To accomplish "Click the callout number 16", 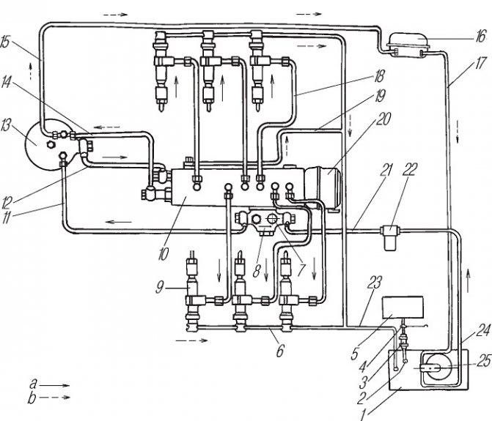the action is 480,36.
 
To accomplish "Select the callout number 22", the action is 409,169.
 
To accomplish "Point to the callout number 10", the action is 164,254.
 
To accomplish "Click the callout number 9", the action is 160,287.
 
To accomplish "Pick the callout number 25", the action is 483,361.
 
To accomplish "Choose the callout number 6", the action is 280,351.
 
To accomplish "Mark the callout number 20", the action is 383,119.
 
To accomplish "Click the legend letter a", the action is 33,384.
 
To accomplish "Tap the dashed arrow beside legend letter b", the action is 54,397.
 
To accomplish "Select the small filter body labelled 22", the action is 389,238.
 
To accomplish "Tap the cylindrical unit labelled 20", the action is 323,187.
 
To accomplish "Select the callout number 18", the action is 378,76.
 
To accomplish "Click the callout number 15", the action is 5,42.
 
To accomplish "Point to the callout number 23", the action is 375,283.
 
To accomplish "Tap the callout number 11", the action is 6,217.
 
